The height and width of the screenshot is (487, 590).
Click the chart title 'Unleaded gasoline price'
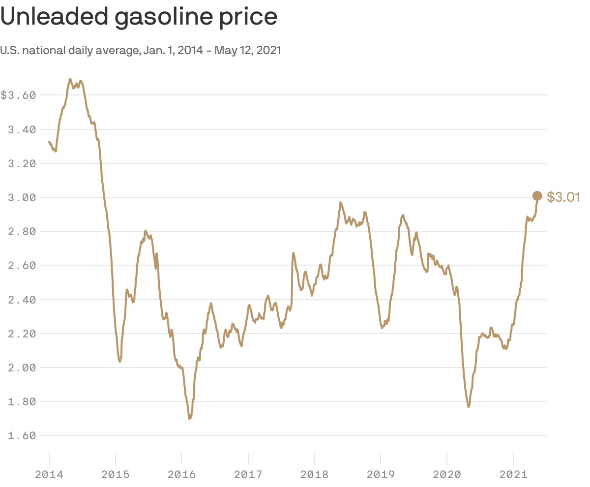click(139, 17)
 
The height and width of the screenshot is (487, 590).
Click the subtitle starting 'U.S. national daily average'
click(141, 50)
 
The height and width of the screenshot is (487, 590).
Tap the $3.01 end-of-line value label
click(563, 197)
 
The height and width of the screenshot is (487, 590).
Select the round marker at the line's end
click(537, 196)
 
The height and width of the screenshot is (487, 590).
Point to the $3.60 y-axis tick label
click(18, 95)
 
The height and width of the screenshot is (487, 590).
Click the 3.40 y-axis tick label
click(22, 129)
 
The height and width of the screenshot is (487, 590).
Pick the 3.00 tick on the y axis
click(22, 197)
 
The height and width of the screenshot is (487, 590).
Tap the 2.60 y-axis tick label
click(22, 265)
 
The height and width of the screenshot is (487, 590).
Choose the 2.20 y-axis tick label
click(22, 334)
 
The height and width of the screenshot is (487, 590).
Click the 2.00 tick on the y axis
click(22, 367)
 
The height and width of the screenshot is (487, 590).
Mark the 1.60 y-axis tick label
click(22, 435)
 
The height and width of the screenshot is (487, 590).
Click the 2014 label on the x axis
click(49, 475)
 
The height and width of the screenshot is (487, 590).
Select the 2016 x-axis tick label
click(181, 475)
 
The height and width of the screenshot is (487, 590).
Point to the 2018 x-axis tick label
click(314, 475)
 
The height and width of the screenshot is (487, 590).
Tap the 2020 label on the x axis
click(447, 475)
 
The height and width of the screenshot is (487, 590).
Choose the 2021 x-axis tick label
click(513, 475)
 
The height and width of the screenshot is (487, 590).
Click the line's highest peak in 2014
click(70, 79)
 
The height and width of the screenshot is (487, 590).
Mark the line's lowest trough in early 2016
click(190, 419)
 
